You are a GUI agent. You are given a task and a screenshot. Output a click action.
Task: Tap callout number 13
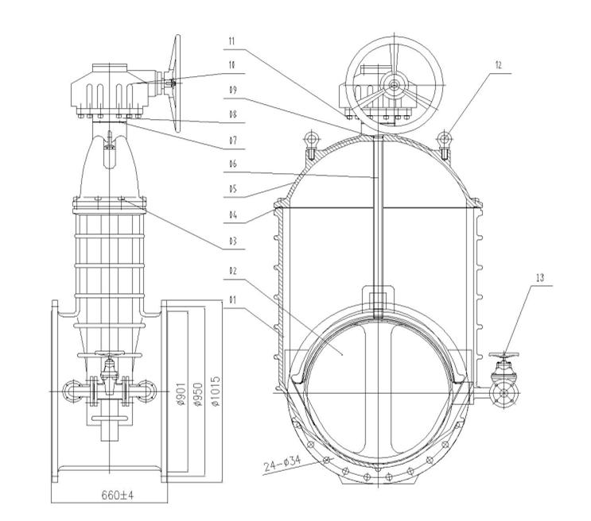point(540,278)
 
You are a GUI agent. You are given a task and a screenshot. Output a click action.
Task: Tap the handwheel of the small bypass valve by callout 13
point(504,355)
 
